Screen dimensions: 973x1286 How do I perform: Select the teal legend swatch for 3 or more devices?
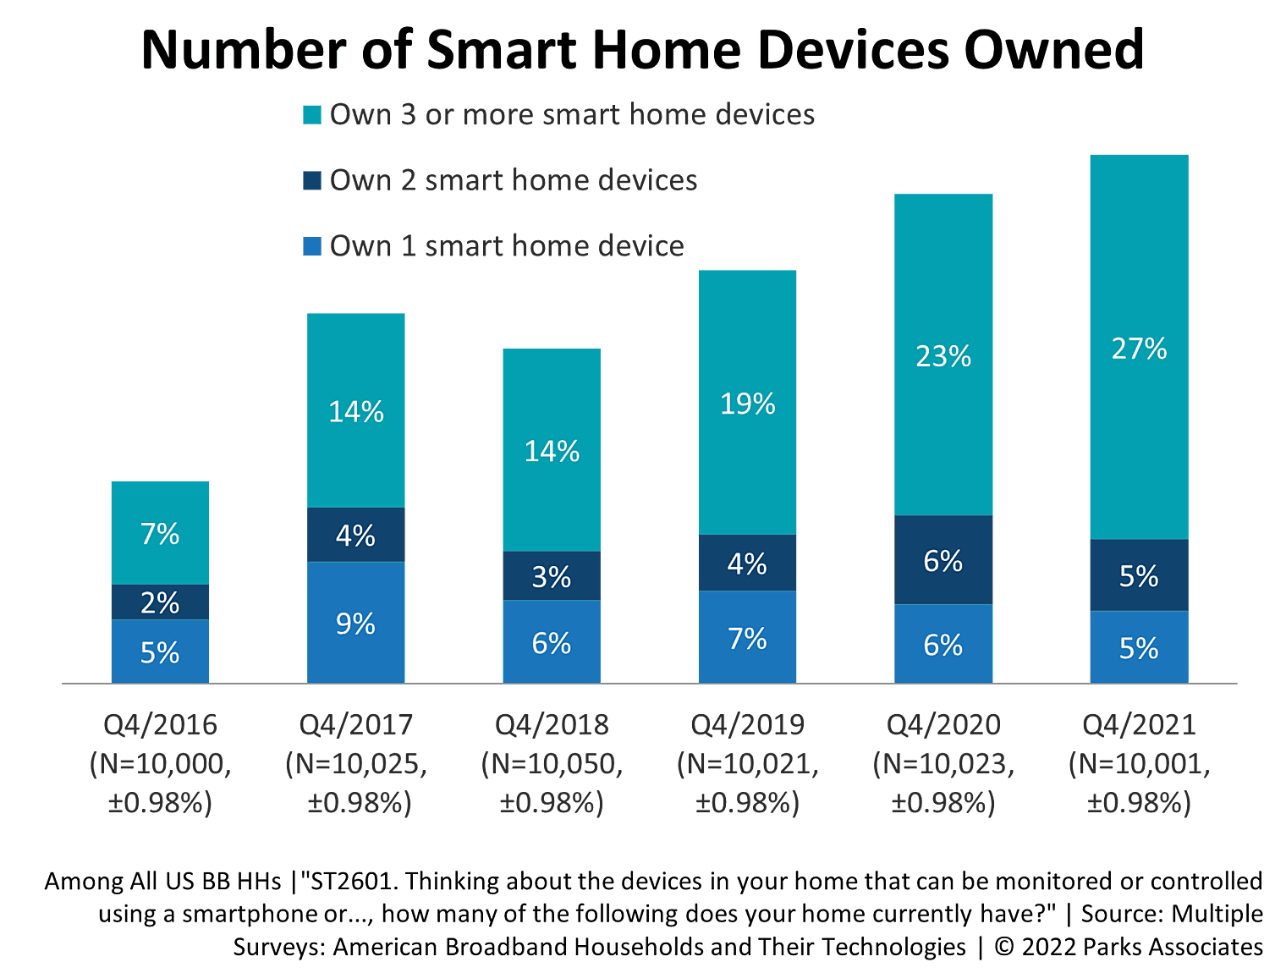312,115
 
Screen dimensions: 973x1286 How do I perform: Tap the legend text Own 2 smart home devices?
513,180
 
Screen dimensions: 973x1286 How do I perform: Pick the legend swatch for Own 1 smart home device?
312,246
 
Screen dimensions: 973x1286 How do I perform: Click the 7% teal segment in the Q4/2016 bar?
160,533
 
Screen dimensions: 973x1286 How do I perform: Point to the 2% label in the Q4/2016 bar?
160,602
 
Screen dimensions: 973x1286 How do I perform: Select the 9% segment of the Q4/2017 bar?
355,623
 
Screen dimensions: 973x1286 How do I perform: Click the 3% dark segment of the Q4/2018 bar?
551,576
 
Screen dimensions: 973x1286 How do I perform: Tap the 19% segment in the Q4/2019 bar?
747,404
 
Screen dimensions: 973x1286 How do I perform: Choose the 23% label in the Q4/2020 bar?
943,356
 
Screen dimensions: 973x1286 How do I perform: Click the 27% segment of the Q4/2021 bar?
1139,348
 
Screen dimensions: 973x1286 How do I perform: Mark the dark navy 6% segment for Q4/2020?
943,560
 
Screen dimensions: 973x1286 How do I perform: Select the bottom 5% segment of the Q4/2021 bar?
1139,647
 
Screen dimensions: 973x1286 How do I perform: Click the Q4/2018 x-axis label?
552,725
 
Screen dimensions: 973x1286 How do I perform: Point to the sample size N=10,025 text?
356,764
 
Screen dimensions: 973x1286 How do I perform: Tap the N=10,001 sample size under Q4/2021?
1139,764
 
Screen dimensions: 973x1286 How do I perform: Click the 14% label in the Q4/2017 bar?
355,411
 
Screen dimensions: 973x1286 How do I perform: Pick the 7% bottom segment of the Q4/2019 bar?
747,637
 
